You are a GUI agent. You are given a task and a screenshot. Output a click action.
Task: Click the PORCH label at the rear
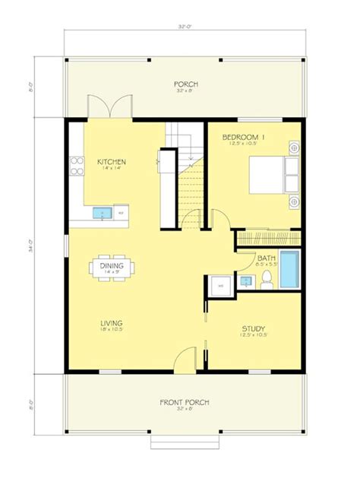tap(185, 84)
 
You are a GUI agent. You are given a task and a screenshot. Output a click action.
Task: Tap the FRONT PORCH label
tap(184, 402)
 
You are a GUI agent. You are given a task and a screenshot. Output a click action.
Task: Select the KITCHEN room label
tap(111, 162)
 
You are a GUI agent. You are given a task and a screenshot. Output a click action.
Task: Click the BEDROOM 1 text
tap(240, 138)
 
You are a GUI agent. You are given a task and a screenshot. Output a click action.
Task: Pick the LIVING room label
tap(111, 324)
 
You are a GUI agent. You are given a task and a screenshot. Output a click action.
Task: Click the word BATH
tap(266, 258)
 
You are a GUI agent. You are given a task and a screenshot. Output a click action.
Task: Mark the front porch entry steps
tap(185, 443)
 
